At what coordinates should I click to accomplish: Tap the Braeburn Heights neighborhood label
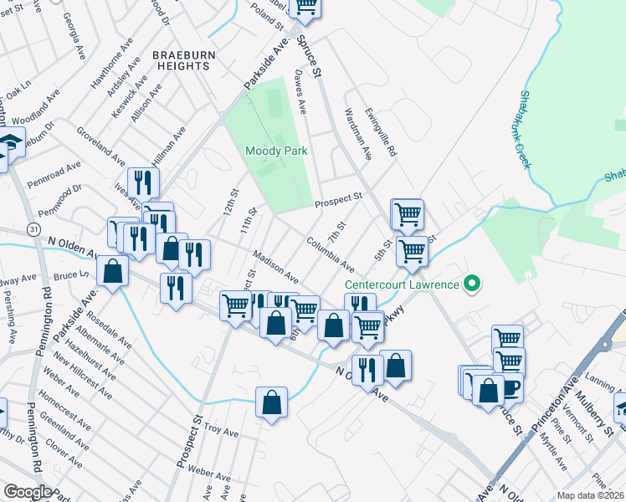pos(181,60)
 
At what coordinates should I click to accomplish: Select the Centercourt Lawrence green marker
pos(472,284)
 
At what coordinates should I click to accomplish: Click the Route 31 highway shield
pos(33,228)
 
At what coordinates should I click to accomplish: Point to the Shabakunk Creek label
pos(526,130)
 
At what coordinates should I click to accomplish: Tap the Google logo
pos(28,492)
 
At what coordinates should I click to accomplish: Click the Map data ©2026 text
pos(590,495)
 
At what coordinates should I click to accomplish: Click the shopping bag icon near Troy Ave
pos(272,402)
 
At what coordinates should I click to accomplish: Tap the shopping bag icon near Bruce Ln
pos(112,270)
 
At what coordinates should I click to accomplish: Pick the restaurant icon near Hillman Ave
pos(143,182)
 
